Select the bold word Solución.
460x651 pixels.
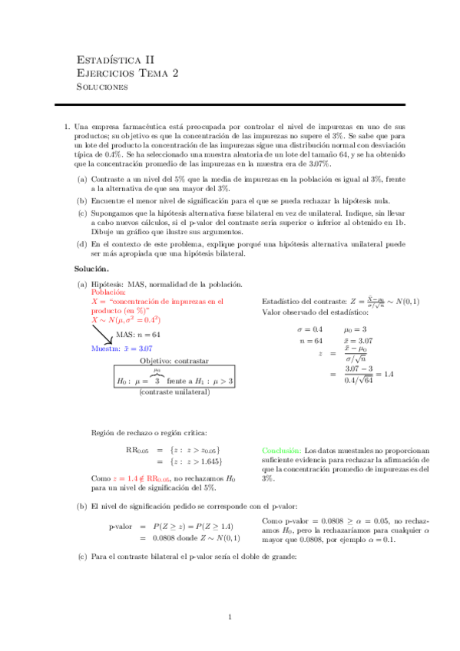coord(91,269)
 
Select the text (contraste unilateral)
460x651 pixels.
coord(174,392)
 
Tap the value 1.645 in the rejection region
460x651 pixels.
coord(207,461)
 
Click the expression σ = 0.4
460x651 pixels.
coord(310,307)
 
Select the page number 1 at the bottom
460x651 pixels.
coord(230,617)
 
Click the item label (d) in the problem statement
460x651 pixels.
coord(81,243)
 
